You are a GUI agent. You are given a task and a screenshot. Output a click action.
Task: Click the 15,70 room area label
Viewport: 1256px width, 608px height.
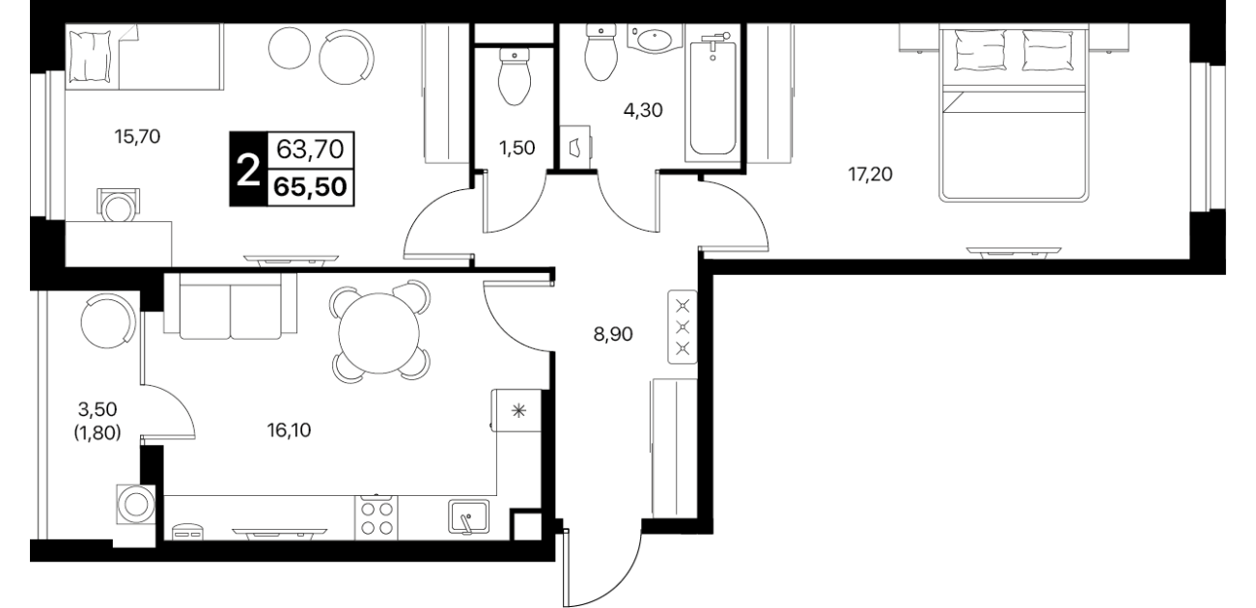pyautogui.click(x=137, y=136)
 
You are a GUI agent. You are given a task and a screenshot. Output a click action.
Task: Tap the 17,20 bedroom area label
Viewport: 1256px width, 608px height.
pyautogui.click(x=870, y=175)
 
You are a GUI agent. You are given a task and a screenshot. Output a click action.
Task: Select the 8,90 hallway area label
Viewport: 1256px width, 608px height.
pyautogui.click(x=613, y=335)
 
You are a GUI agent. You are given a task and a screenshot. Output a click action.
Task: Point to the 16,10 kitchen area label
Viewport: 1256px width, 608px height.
pyautogui.click(x=289, y=430)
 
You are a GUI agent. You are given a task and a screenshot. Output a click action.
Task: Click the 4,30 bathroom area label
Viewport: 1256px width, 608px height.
pyautogui.click(x=643, y=110)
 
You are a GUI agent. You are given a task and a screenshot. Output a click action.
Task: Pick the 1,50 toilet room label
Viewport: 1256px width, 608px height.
pyautogui.click(x=517, y=148)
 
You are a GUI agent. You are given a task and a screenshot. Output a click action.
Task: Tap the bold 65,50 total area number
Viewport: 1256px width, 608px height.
pyautogui.click(x=310, y=187)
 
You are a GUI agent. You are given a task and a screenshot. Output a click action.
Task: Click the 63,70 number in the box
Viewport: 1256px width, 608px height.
pyautogui.click(x=310, y=150)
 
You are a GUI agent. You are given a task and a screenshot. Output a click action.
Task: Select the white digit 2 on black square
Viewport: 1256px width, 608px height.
pyautogui.click(x=248, y=170)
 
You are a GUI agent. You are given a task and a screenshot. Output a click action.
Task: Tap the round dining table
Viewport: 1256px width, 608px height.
pyautogui.click(x=378, y=333)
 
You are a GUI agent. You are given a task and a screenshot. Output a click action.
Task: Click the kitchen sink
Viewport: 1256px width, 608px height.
pyautogui.click(x=469, y=516)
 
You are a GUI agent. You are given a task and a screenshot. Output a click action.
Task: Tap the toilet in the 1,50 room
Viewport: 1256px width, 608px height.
pyautogui.click(x=515, y=76)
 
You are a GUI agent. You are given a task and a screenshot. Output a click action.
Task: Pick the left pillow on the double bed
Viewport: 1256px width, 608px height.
pyautogui.click(x=980, y=49)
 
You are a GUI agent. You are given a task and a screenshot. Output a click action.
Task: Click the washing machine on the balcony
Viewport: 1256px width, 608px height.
pyautogui.click(x=135, y=505)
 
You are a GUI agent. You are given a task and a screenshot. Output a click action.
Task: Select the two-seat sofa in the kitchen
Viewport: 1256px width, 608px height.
pyautogui.click(x=230, y=306)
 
